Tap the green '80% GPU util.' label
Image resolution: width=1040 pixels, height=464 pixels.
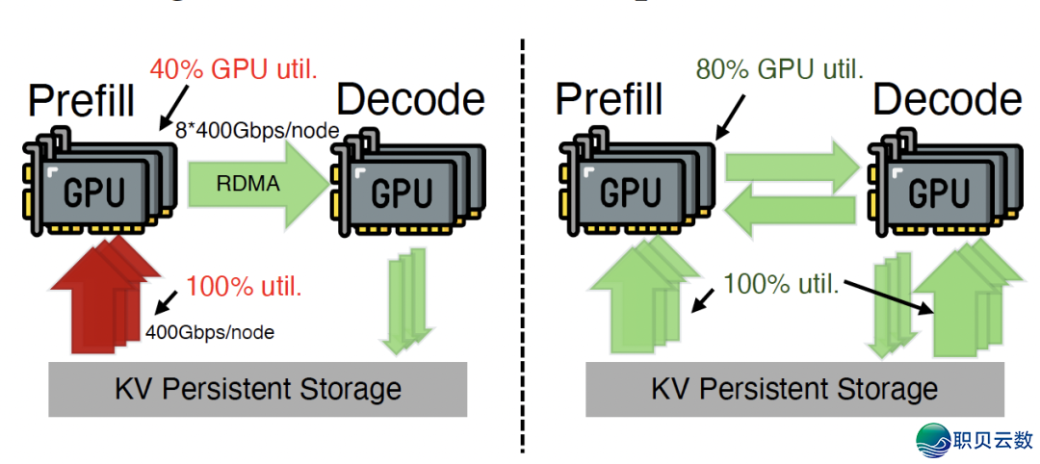(779, 68)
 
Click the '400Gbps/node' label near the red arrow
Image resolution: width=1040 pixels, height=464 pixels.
(210, 332)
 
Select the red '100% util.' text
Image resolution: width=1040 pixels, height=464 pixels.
(245, 286)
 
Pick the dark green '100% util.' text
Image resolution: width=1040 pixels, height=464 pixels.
(781, 284)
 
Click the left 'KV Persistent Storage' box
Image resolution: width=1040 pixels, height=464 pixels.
(257, 389)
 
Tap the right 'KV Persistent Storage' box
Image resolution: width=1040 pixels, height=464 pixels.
(793, 389)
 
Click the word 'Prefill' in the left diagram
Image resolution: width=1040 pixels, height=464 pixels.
(82, 100)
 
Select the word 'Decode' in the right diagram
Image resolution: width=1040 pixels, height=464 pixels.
(947, 100)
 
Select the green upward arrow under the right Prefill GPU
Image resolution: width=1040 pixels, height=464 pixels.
(636, 298)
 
